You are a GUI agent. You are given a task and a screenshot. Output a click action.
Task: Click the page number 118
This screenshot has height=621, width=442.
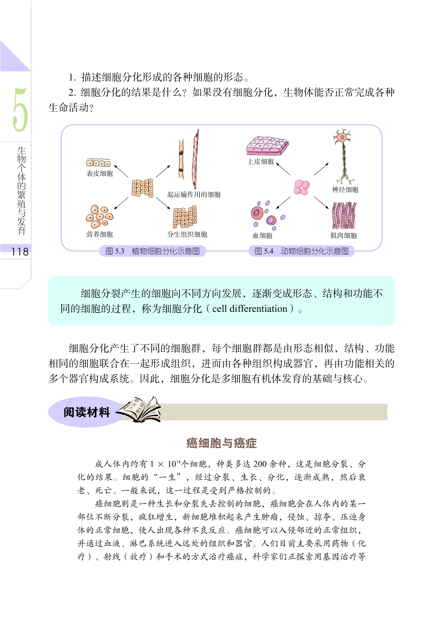(20, 252)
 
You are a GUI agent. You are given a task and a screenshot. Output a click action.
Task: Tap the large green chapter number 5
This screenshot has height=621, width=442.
(20, 110)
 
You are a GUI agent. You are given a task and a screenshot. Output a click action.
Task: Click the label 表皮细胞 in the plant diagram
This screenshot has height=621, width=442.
(100, 174)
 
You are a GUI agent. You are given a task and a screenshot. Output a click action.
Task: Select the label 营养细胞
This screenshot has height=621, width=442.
(100, 234)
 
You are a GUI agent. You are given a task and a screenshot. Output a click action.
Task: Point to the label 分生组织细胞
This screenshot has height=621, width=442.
(187, 234)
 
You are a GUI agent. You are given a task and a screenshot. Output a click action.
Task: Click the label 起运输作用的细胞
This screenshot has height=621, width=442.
(194, 195)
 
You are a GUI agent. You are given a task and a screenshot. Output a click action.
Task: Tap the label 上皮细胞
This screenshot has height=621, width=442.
(260, 162)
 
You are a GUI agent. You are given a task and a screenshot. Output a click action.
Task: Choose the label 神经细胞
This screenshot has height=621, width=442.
(345, 190)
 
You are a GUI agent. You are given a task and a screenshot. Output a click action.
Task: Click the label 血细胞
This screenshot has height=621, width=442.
(263, 236)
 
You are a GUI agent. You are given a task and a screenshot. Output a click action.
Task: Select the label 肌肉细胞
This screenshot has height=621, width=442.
(343, 236)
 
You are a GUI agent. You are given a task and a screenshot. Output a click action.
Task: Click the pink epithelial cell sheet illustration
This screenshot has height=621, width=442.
(268, 146)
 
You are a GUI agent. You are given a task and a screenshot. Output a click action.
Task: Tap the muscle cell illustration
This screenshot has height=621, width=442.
(344, 216)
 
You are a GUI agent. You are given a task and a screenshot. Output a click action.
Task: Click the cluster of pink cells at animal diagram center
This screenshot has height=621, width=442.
(302, 187)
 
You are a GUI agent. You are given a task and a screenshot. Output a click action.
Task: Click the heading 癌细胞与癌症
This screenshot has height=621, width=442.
(221, 443)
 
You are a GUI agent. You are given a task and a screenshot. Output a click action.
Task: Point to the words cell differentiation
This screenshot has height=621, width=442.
(250, 309)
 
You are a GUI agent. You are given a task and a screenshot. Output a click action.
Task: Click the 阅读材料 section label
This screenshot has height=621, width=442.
(87, 412)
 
